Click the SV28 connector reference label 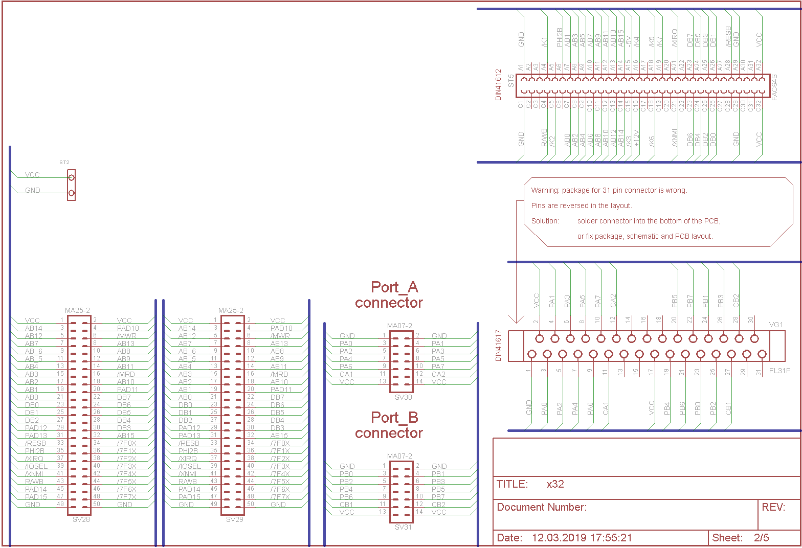pos(81,519)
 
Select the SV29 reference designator pos(234,519)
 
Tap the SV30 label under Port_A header pos(403,397)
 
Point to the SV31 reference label pos(403,527)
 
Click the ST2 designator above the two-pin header pos(64,163)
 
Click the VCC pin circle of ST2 pos(71,178)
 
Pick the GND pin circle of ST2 pos(71,193)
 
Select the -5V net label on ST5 pos(629,41)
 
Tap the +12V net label pos(636,139)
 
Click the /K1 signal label pos(544,41)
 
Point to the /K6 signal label pos(652,142)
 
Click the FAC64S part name pos(774,87)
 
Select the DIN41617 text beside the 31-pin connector pos(499,346)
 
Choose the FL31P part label pos(779,371)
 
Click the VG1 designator pos(776,325)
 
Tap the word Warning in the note pos(545,190)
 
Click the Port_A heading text pos(394,287)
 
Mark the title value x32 pos(555,484)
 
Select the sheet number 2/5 pos(761,538)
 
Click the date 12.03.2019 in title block pos(560,538)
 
